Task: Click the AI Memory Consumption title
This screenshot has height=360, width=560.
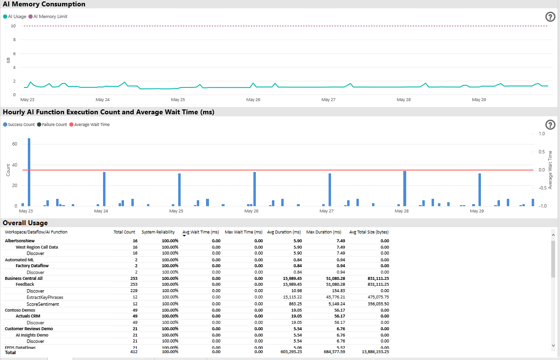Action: [44, 4]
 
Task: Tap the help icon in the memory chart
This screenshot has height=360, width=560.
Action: [550, 17]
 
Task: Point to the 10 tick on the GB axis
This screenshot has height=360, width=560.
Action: [13, 26]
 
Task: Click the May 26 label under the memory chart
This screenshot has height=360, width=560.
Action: [253, 100]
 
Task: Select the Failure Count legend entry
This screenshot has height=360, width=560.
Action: [54, 125]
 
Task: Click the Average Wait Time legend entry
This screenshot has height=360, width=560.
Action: [92, 125]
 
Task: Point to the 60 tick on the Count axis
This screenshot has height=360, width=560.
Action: [15, 144]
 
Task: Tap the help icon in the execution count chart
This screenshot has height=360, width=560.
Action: [550, 125]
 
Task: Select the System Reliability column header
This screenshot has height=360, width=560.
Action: [158, 232]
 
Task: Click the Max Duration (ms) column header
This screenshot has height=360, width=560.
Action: [324, 232]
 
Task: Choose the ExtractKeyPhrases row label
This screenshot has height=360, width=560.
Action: [45, 297]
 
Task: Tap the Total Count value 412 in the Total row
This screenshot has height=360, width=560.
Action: [131, 352]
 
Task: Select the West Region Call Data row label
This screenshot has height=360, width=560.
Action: [37, 247]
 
